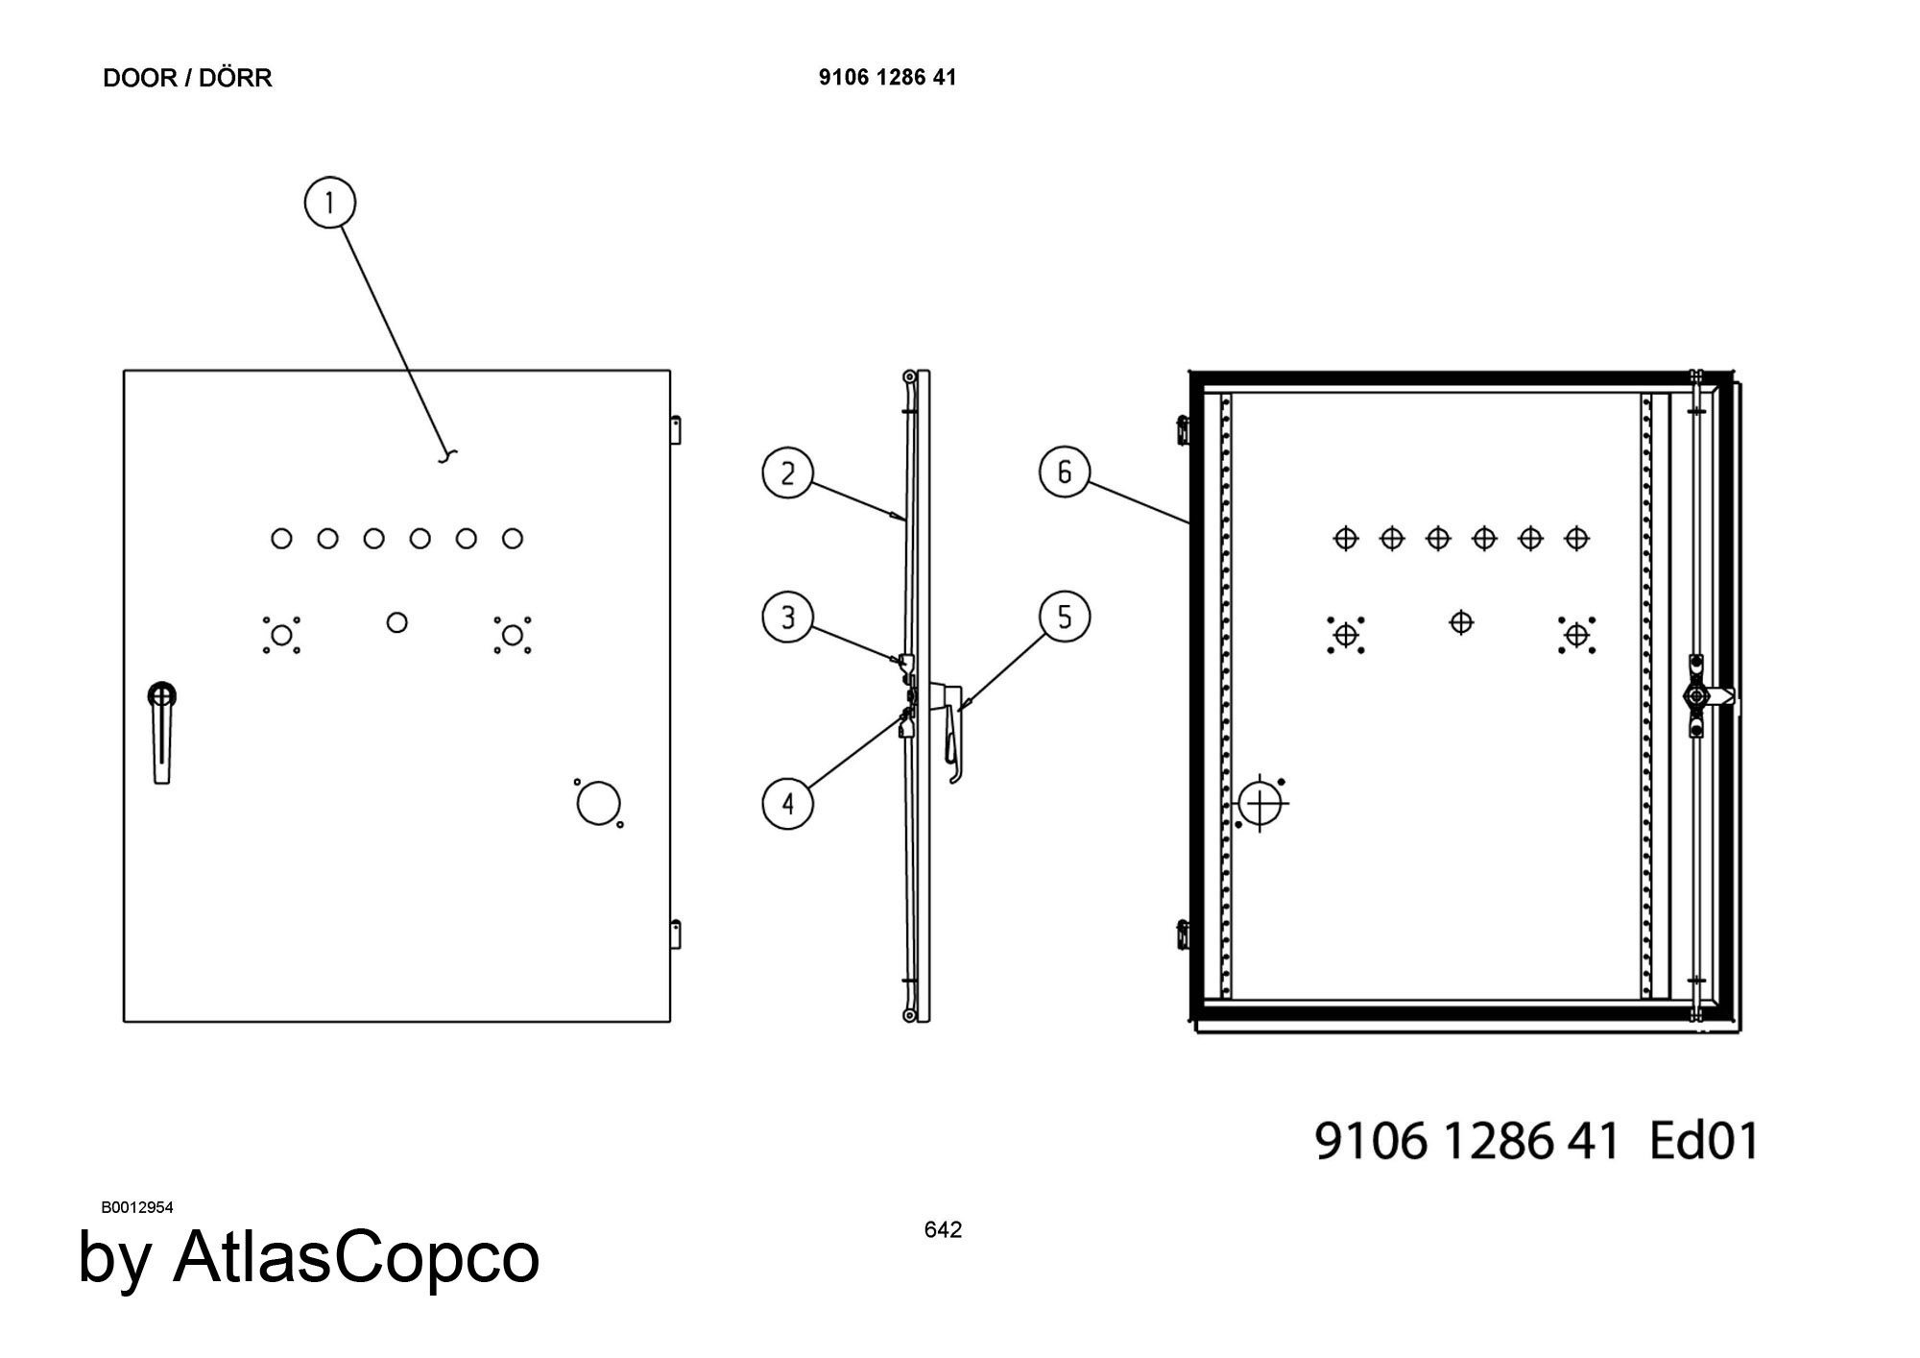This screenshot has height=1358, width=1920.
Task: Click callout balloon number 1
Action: point(329,204)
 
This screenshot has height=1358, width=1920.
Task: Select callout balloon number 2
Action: point(787,473)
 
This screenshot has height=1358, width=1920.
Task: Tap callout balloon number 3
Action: point(787,617)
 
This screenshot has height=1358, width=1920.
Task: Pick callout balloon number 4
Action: point(787,803)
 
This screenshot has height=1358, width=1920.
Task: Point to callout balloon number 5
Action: point(1064,617)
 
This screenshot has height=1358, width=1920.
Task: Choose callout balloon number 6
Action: point(1064,472)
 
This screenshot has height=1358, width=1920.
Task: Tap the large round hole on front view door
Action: point(598,803)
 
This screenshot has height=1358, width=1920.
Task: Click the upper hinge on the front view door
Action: point(676,428)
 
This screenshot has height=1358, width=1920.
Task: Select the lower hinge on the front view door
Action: point(676,934)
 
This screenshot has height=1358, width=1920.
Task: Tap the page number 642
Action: point(943,1229)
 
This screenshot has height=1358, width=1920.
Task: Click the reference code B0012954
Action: point(137,1207)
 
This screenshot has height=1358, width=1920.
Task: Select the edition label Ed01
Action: point(1704,1141)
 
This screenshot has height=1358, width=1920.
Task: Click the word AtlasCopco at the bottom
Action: point(356,1257)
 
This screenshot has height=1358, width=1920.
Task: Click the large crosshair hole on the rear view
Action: point(1260,803)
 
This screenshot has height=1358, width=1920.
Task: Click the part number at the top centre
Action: point(888,77)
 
